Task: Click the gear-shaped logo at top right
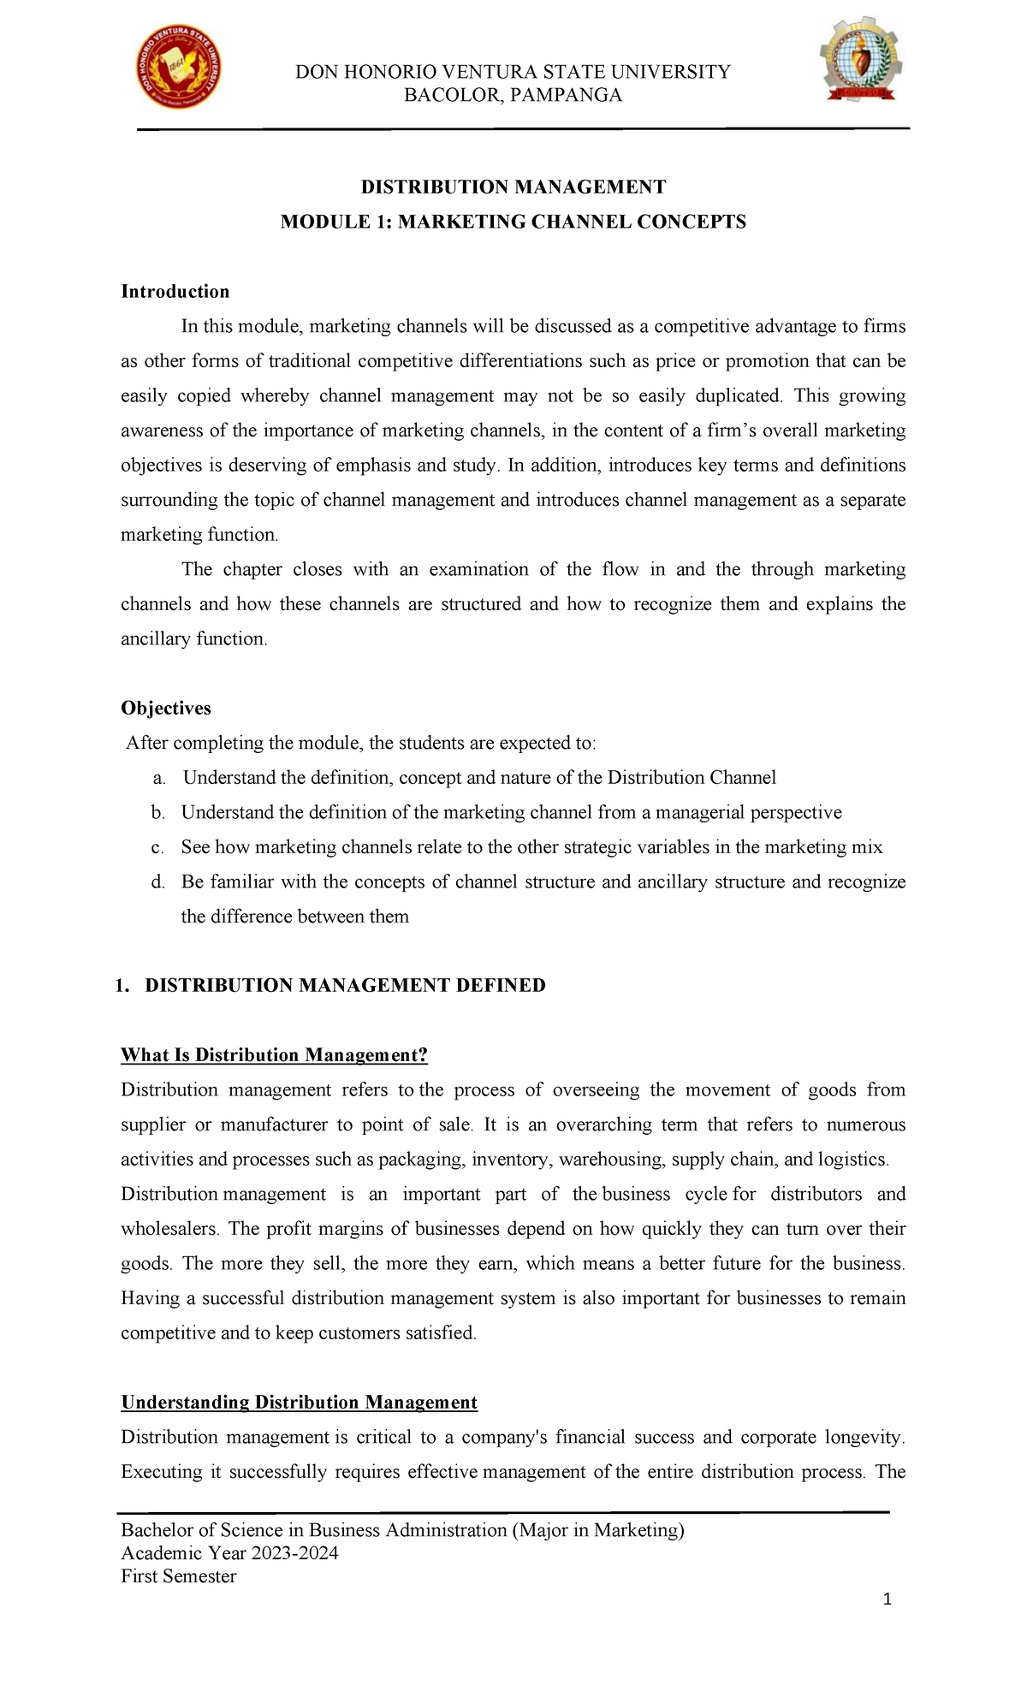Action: tap(860, 60)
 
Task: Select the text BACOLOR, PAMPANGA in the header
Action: tap(513, 95)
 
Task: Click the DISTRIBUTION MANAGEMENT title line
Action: tap(513, 187)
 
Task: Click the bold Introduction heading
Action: tap(175, 292)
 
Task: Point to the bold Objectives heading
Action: tap(165, 709)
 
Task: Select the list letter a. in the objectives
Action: tap(157, 779)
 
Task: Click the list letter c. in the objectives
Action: tap(157, 848)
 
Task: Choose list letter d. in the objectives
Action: tap(157, 882)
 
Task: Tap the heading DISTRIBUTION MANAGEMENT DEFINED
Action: tap(345, 986)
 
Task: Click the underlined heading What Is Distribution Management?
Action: tap(274, 1055)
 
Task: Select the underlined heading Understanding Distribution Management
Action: tap(299, 1403)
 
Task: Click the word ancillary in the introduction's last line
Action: tap(156, 639)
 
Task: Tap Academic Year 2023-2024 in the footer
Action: tap(229, 1553)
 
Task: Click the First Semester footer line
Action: tap(178, 1576)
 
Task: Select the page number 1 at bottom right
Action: tap(887, 1599)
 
